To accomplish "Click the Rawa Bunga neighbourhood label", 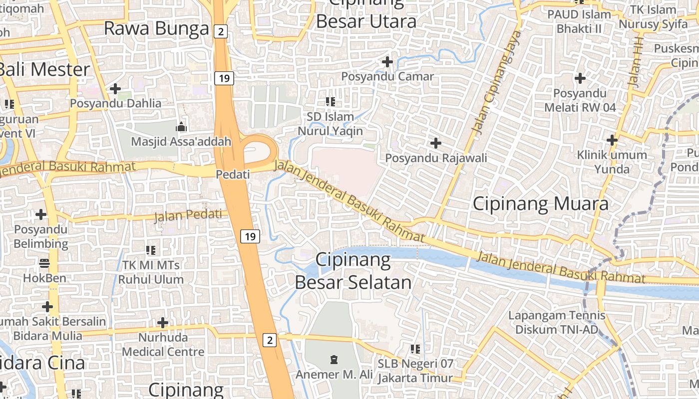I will [x=156, y=28].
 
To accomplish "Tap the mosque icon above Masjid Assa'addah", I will [x=181, y=127].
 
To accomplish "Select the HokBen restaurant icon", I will [x=44, y=263].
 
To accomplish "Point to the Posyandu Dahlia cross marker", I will [x=115, y=89].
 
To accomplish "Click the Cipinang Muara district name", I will [x=541, y=203].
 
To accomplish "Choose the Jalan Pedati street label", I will [x=188, y=215].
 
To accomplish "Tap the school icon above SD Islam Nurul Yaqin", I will [x=330, y=102].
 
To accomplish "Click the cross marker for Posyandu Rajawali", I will [x=436, y=144].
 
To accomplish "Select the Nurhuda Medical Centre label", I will [x=163, y=345].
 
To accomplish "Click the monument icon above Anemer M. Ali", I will [x=334, y=359].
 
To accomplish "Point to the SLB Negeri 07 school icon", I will [x=415, y=349].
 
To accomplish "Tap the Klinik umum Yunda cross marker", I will [x=612, y=140].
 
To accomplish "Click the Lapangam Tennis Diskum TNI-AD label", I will [x=557, y=322].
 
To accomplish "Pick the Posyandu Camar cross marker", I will [x=387, y=62].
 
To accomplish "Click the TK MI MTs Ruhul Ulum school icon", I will [x=151, y=250].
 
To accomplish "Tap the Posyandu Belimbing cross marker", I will [x=41, y=215].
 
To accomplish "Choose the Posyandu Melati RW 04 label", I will [x=580, y=100].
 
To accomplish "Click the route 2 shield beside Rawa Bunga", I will [x=221, y=31].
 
